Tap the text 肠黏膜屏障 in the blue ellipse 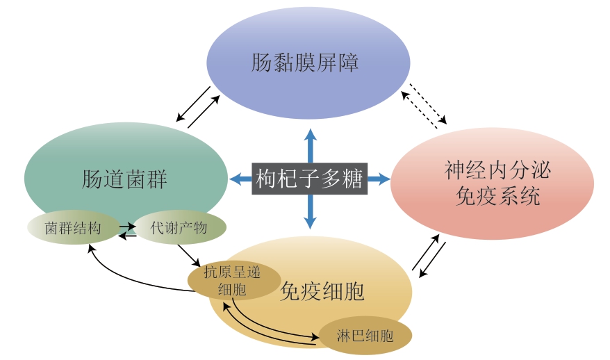click(305, 65)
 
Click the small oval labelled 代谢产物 click(179, 228)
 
